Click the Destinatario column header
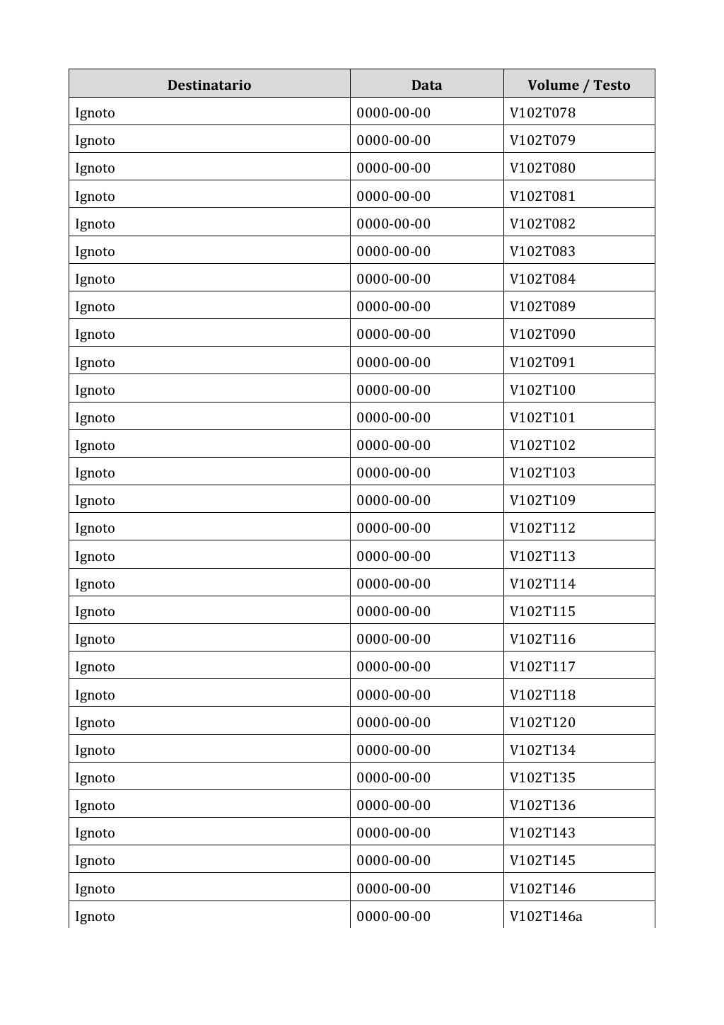(209, 85)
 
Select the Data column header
(426, 85)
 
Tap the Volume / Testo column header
(578, 85)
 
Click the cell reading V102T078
(542, 112)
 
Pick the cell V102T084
(542, 279)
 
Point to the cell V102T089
(542, 306)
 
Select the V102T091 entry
(542, 362)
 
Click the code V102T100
(542, 390)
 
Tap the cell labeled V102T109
(542, 500)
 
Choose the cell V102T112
(542, 528)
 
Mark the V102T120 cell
(542, 722)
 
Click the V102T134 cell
(542, 750)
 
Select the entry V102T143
(542, 833)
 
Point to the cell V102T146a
(546, 916)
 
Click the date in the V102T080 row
(393, 168)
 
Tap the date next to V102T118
(393, 695)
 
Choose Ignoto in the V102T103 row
(95, 473)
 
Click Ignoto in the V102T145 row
(95, 860)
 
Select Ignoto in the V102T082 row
(95, 224)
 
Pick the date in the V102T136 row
(393, 805)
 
